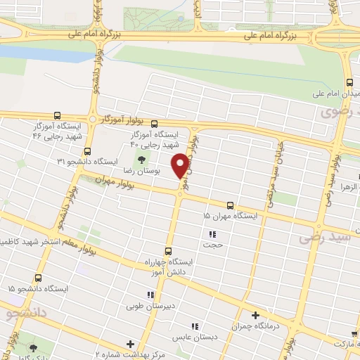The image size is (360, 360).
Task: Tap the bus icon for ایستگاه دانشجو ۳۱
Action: [x=86, y=151]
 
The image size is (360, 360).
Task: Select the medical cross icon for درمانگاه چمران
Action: [x=255, y=316]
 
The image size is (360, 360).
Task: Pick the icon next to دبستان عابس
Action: [x=194, y=325]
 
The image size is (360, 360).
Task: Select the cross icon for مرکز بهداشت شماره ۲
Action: [x=129, y=344]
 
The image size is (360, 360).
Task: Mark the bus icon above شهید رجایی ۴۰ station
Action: [x=154, y=123]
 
